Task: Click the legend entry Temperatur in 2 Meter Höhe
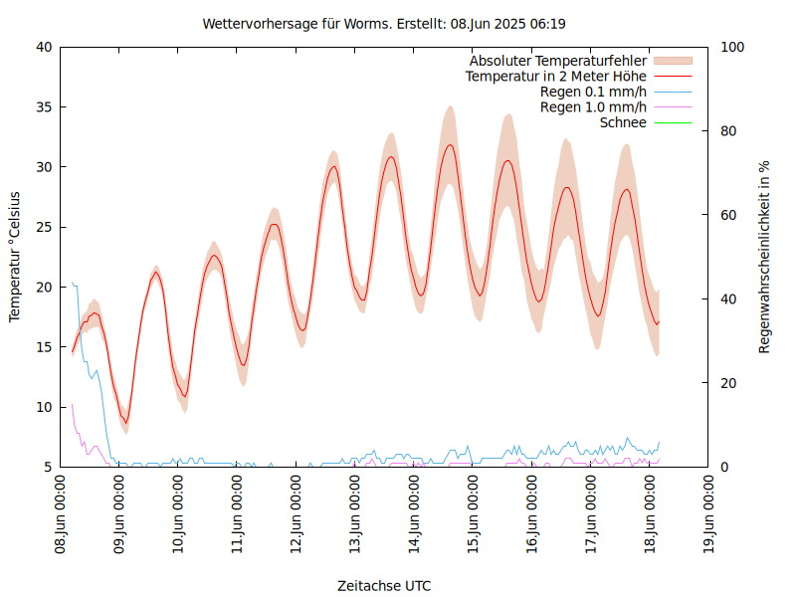coord(556,76)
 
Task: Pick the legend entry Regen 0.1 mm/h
coord(593,92)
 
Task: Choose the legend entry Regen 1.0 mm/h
coord(593,106)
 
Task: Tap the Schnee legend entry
coord(623,122)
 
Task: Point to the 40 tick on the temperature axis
coord(45,47)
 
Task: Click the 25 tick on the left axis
coord(45,227)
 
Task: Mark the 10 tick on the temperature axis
coord(45,407)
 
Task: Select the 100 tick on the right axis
coord(731,47)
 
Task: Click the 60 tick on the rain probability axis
coord(728,215)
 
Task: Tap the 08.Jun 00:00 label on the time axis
coord(61,513)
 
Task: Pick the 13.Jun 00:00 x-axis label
coord(355,513)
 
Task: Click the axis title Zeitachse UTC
coord(384,585)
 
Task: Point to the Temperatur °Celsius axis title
coord(15,257)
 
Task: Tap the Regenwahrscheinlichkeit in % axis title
coord(765,257)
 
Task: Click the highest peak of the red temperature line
coord(451,145)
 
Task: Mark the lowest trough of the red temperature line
coord(125,422)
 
